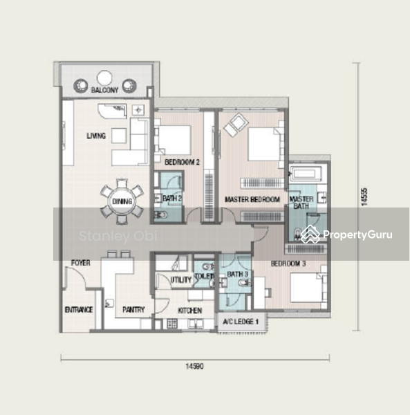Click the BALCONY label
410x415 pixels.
click(105, 90)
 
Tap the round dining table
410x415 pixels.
click(122, 201)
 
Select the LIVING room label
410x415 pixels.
click(96, 136)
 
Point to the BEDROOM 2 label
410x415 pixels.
click(182, 162)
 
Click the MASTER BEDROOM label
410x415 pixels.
click(252, 199)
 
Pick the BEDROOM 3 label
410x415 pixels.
click(288, 264)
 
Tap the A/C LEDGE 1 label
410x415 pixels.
click(241, 322)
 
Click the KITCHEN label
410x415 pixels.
click(190, 311)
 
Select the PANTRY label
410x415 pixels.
click(133, 309)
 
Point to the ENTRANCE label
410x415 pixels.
click(79, 310)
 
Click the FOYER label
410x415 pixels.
click(81, 263)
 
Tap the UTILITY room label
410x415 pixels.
click(181, 279)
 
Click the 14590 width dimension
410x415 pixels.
click(195, 367)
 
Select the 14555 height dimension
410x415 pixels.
click(364, 197)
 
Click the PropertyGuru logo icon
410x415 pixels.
click(310, 234)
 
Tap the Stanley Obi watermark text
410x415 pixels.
click(118, 236)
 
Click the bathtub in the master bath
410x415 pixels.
click(306, 174)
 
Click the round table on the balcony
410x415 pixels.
click(104, 78)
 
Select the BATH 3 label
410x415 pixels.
click(238, 275)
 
